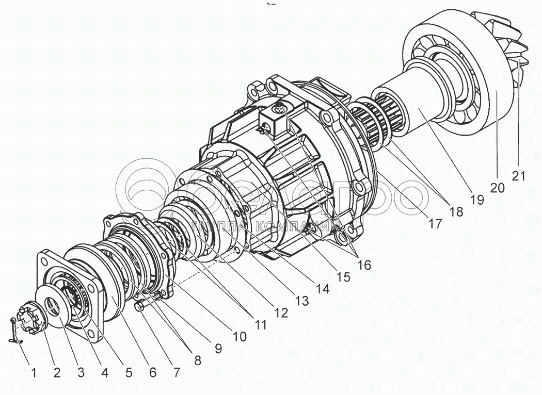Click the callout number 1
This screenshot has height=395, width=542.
(34, 372)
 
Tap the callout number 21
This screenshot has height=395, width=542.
(519, 176)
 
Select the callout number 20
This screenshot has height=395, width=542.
(497, 187)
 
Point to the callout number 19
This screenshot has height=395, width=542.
(477, 200)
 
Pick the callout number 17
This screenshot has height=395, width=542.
(435, 224)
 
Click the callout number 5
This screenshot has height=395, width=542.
(126, 372)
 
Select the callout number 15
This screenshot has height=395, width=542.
(343, 277)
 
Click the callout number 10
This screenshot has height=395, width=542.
(240, 337)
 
